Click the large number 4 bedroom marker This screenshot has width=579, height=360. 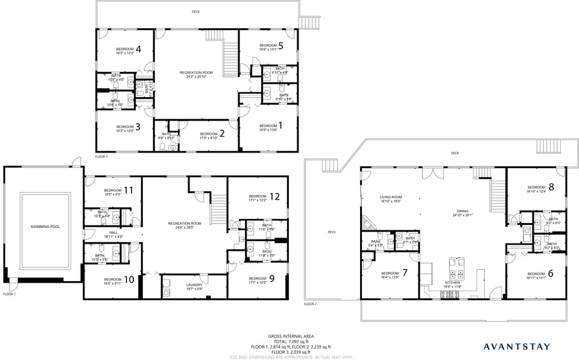click(x=138, y=49)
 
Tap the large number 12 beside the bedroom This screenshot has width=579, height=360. click(x=275, y=197)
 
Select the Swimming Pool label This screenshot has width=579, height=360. click(x=42, y=227)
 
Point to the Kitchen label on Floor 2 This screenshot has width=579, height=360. click(x=452, y=282)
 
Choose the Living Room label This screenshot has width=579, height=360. click(x=390, y=197)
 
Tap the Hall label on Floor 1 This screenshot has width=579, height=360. click(x=113, y=233)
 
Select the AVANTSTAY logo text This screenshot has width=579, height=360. click(x=517, y=346)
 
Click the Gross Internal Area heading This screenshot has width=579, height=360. click(x=291, y=336)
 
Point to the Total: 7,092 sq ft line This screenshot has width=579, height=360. click(x=291, y=341)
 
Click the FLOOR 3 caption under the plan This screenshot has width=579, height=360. click(x=101, y=156)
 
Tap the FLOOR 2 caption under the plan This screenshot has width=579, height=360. click(x=309, y=304)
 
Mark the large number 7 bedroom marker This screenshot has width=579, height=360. click(x=405, y=273)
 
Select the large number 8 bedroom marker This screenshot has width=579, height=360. click(x=551, y=187)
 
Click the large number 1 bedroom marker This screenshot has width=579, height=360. click(x=279, y=125)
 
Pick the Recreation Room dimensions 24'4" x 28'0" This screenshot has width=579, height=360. click(x=185, y=227)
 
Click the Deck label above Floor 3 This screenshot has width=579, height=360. click(x=195, y=11)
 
